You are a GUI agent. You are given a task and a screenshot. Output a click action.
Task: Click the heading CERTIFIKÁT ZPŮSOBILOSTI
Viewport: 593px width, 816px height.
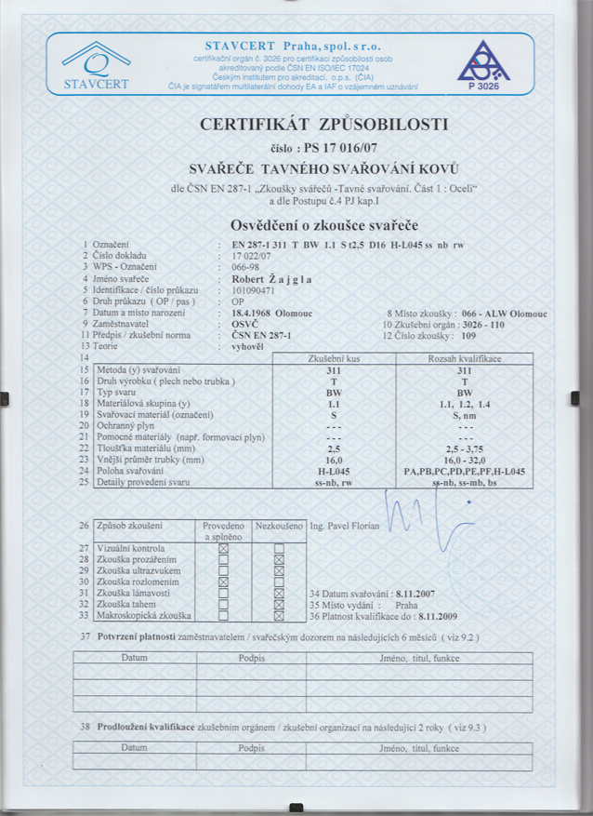pos(323,124)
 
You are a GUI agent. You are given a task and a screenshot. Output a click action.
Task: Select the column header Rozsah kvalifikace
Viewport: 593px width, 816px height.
pos(464,358)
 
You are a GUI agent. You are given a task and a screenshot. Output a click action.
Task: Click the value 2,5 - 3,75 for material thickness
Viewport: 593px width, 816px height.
pos(464,449)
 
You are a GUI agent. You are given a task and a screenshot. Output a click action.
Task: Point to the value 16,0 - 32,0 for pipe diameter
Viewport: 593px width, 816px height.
pos(464,461)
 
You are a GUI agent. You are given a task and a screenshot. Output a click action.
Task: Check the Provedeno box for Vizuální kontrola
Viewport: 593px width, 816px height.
pos(223,550)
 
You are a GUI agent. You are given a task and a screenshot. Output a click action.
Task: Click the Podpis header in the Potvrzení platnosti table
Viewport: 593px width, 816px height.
pos(252,658)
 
